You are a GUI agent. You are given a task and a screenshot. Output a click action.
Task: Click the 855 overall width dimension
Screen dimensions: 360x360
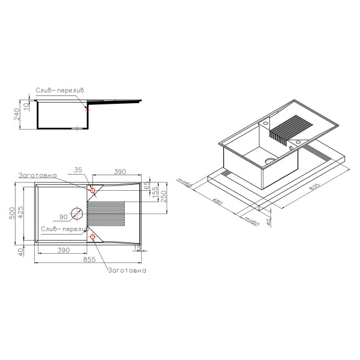coord(89,259)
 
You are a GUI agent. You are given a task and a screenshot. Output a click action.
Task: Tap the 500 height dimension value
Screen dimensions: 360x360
coord(12,213)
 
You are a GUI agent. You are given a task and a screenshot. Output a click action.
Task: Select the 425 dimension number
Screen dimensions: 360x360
coord(20,212)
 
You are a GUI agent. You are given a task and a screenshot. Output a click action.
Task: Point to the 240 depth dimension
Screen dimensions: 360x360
coord(17,114)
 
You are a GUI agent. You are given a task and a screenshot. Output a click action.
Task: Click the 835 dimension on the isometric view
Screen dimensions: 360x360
coord(314,187)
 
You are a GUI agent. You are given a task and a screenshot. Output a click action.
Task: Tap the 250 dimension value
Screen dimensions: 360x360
coord(163,196)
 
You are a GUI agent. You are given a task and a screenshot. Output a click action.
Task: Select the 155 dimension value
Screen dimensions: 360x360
coord(155,192)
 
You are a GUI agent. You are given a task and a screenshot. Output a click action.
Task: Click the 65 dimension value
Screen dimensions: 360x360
coord(147,186)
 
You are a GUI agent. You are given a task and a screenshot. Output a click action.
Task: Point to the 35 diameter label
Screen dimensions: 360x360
coord(78,170)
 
